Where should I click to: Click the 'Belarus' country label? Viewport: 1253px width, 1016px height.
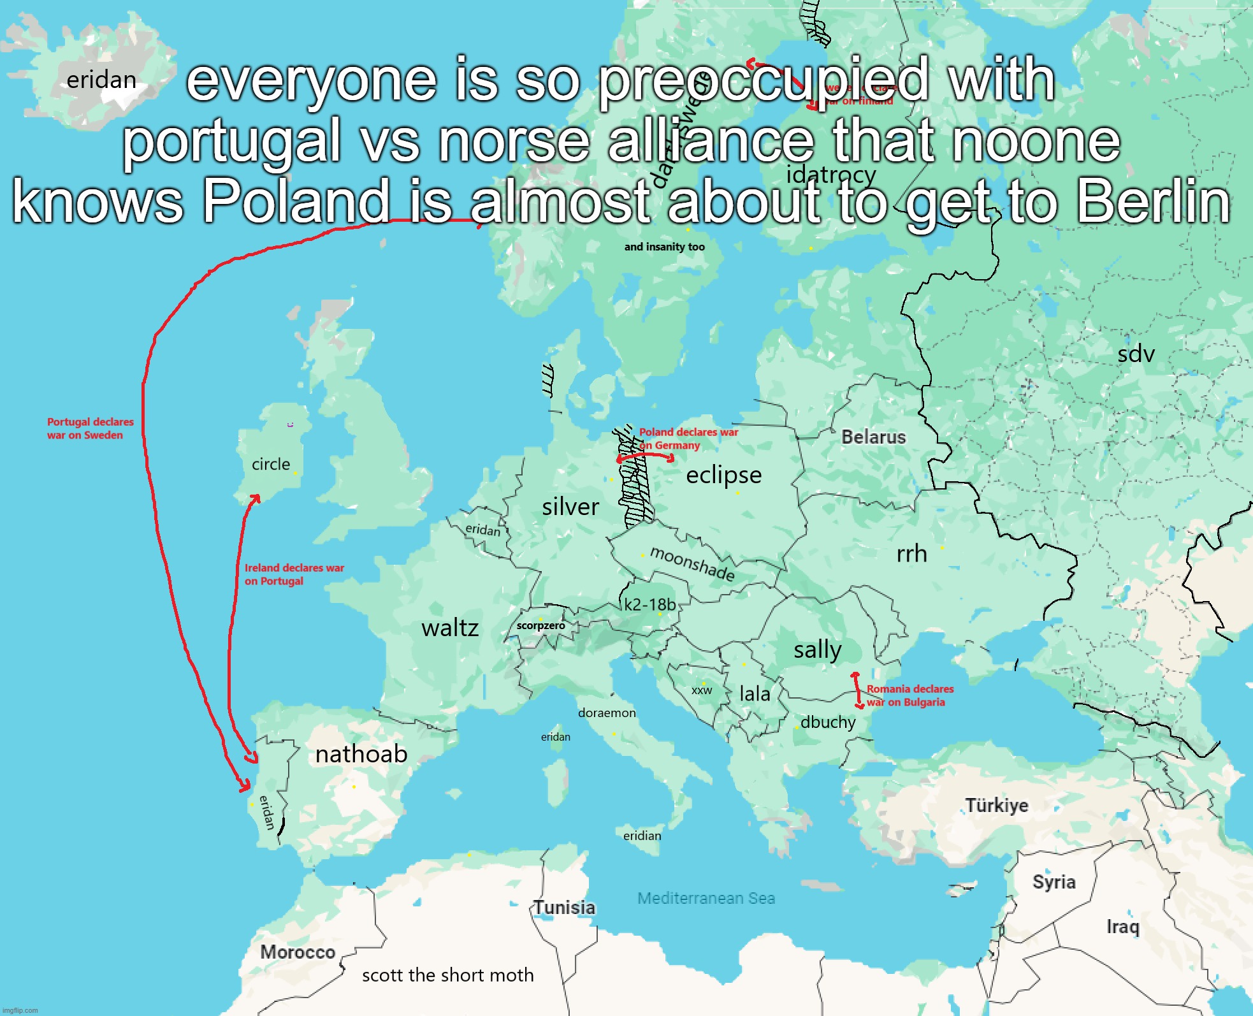pos(873,437)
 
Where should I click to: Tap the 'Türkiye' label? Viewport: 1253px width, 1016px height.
pos(997,805)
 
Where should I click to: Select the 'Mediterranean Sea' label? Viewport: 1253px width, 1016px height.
pos(706,898)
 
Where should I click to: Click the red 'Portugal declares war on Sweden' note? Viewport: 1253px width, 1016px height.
pos(90,428)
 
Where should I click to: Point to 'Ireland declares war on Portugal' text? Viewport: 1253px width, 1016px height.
pos(294,574)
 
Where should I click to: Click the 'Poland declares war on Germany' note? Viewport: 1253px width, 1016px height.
pos(688,439)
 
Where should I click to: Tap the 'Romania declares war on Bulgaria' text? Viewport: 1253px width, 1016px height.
pos(909,695)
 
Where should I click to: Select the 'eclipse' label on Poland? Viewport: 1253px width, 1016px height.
pos(723,475)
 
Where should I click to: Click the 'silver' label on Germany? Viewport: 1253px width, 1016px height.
pos(570,507)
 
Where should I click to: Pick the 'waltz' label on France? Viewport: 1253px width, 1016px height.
pos(450,628)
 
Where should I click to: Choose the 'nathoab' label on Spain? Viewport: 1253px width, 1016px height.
pos(361,754)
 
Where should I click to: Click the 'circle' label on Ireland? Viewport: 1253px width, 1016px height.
pos(271,464)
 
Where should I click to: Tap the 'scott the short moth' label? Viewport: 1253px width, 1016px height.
pos(447,975)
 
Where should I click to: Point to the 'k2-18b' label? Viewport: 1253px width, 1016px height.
pos(649,604)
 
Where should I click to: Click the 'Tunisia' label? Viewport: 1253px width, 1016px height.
pos(565,907)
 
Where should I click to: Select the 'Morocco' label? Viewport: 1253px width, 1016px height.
pos(298,952)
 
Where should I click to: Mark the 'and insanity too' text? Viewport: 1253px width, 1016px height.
pos(664,247)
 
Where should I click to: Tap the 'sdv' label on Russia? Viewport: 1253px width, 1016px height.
pos(1136,354)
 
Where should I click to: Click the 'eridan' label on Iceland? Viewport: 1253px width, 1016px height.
pos(101,80)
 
